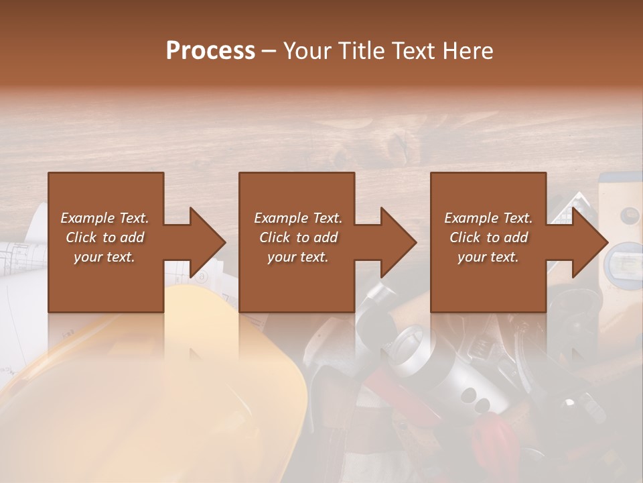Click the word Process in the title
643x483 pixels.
coord(210,50)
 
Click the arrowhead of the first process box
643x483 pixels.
coord(208,242)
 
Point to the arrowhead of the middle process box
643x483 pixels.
coord(399,242)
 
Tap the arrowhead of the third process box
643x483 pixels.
coord(590,242)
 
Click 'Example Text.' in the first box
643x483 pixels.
coord(105,218)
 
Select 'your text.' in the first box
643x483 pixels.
coord(105,257)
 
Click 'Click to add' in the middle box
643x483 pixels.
coord(298,237)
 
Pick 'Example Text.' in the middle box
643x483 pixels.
coord(298,218)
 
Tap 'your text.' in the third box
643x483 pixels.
coord(488,257)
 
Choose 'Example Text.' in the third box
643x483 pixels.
coord(488,218)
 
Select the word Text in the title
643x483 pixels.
coord(415,50)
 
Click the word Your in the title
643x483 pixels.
coord(307,50)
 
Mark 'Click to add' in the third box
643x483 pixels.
coord(488,237)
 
